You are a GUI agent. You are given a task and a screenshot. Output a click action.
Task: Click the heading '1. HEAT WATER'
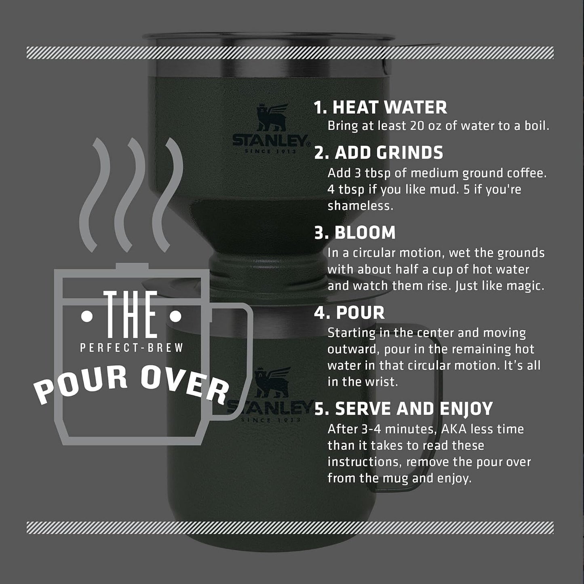[380, 108]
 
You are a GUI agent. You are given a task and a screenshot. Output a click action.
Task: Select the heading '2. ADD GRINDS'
[379, 153]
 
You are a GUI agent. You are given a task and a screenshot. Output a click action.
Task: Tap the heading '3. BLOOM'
[355, 233]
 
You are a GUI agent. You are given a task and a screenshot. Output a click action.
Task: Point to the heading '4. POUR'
[350, 313]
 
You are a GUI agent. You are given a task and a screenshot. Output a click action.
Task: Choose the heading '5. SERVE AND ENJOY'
[403, 409]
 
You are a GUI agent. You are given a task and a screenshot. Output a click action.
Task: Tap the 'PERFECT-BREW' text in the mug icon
[132, 348]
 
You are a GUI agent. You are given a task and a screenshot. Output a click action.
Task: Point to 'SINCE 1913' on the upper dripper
[270, 152]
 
